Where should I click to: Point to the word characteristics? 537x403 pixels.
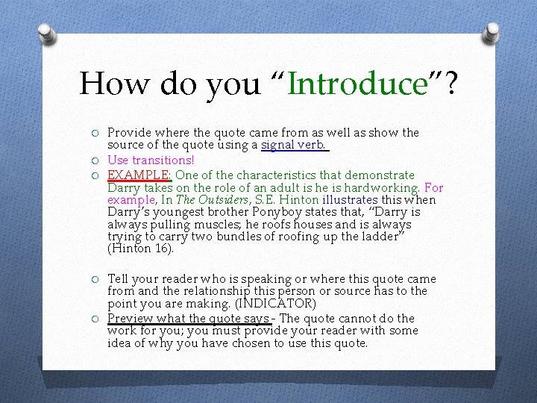[x=253, y=174]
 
